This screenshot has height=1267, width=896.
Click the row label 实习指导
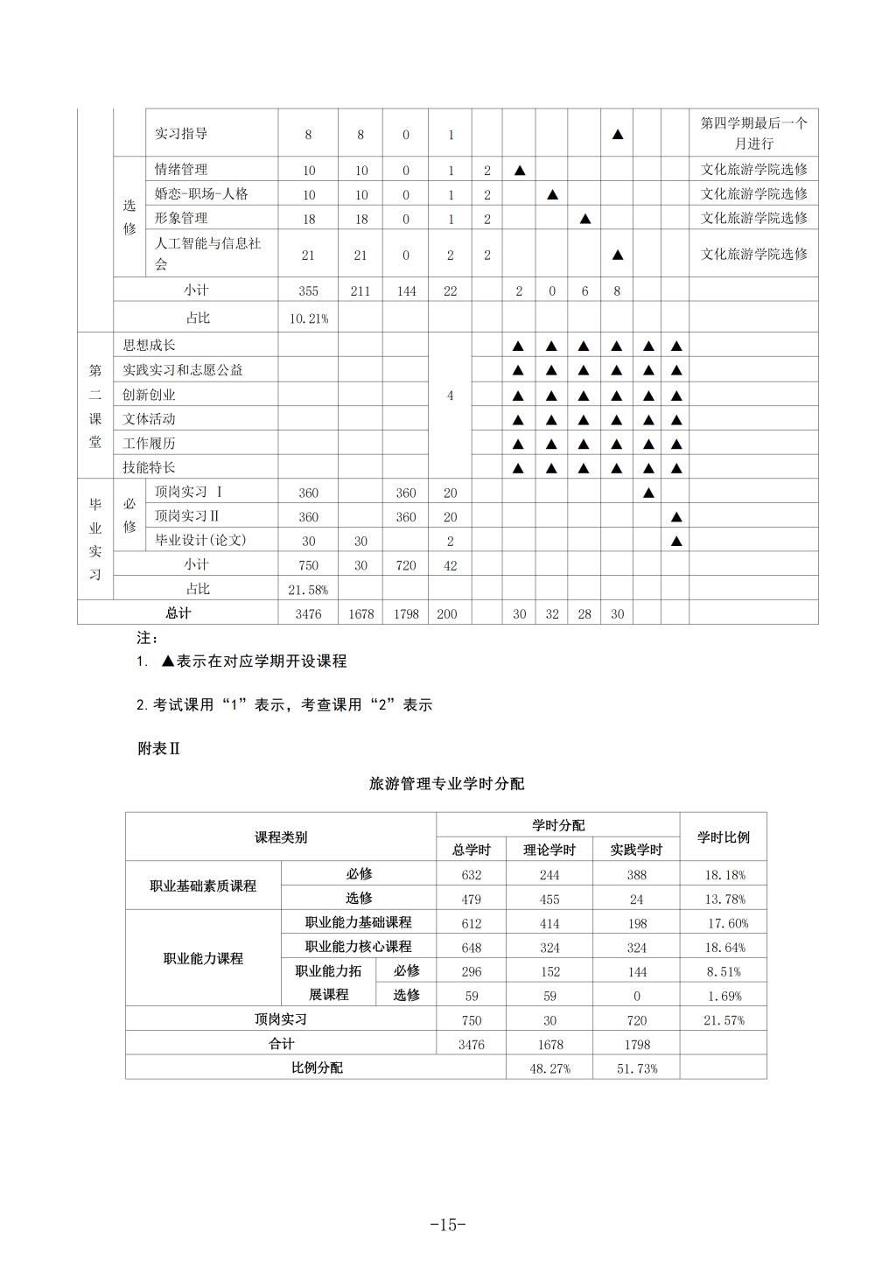point(181,134)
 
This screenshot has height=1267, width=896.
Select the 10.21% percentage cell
point(308,318)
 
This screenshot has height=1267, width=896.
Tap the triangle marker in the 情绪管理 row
point(519,170)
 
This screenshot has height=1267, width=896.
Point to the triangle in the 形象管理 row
point(585,219)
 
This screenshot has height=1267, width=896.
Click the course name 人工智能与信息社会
point(207,254)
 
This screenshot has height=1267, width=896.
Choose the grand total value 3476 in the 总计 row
point(308,614)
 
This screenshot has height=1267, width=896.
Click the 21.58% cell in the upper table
point(308,590)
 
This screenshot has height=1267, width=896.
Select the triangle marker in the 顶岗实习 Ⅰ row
point(648,493)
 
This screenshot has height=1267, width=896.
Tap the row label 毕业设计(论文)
point(200,541)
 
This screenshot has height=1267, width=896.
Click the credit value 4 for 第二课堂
point(450,395)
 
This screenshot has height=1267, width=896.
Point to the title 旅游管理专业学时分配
point(446,784)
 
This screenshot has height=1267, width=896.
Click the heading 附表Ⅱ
point(158,749)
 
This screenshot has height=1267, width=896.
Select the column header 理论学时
point(549,850)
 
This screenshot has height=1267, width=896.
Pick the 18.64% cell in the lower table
point(724,948)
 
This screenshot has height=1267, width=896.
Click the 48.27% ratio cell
point(549,1068)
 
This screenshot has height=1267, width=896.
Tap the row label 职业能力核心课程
point(358,947)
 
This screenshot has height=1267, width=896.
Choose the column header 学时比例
point(723,837)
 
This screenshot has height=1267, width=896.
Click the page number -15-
point(448,1225)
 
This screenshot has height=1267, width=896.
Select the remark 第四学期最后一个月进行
point(753,133)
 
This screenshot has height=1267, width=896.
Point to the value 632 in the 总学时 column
point(471,874)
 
